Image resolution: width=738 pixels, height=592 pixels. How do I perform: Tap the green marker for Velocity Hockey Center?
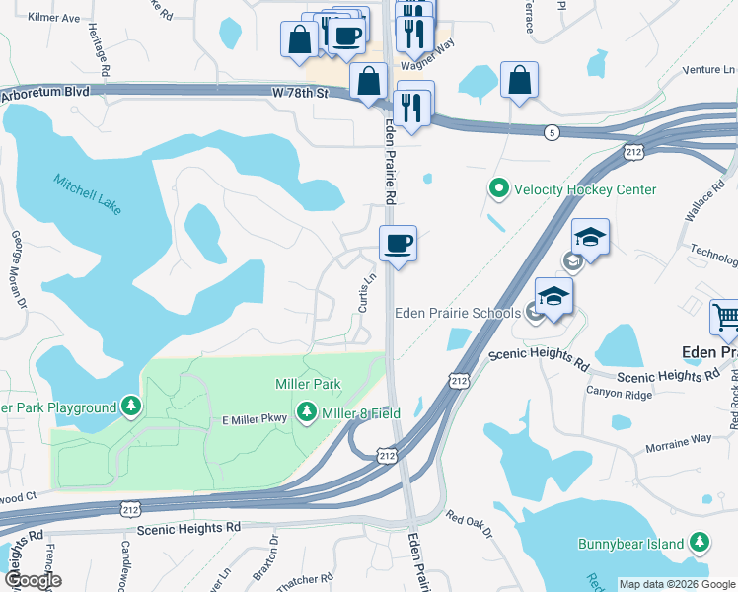click(498, 187)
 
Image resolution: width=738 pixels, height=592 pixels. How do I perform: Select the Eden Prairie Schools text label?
click(458, 314)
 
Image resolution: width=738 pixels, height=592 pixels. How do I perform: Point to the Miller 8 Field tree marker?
click(306, 413)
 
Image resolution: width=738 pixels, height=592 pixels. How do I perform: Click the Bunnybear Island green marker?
click(700, 543)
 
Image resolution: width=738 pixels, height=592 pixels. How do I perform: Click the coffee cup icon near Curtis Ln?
click(399, 243)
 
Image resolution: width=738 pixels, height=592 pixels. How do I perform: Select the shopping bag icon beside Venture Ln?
click(519, 79)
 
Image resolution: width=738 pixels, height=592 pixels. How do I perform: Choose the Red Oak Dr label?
click(470, 524)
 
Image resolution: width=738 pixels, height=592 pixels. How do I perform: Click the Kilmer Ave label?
click(54, 18)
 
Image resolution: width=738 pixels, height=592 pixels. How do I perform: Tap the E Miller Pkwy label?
click(253, 420)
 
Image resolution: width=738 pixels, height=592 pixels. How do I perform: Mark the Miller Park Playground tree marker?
click(130, 407)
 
